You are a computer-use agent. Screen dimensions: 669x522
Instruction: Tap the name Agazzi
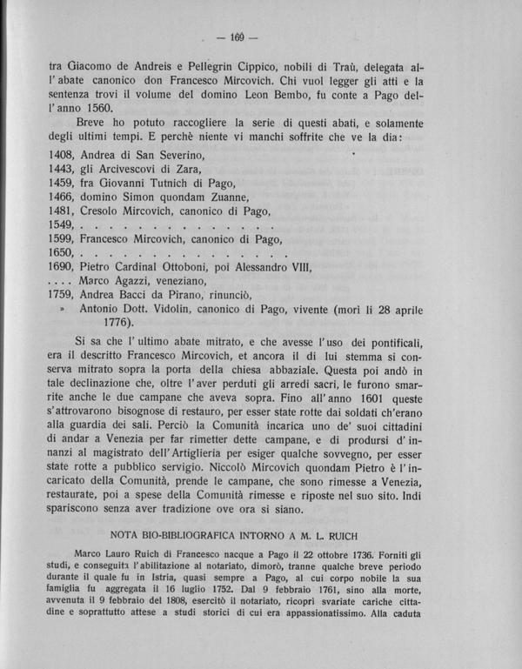pos(136,303)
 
